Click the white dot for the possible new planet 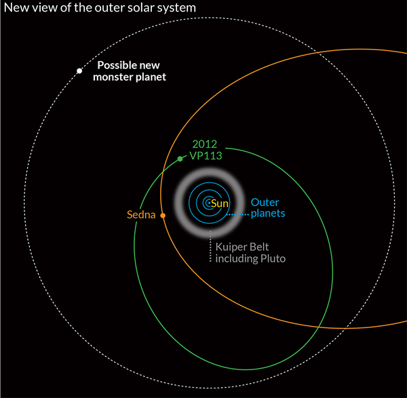(x=79, y=71)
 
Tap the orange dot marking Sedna (x=163, y=216)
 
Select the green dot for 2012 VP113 (x=180, y=159)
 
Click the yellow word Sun (x=220, y=203)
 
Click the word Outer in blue (x=265, y=202)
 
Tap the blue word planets (x=268, y=213)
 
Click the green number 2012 (x=205, y=143)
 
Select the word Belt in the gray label (x=260, y=247)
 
